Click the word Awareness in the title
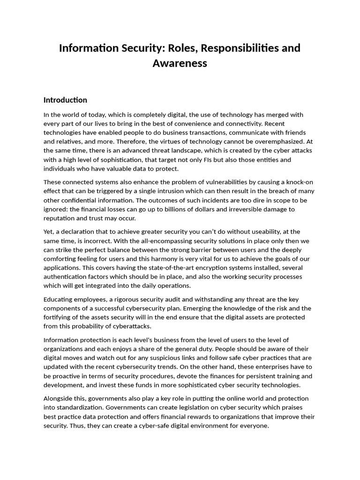(x=180, y=63)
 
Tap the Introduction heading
(x=65, y=100)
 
